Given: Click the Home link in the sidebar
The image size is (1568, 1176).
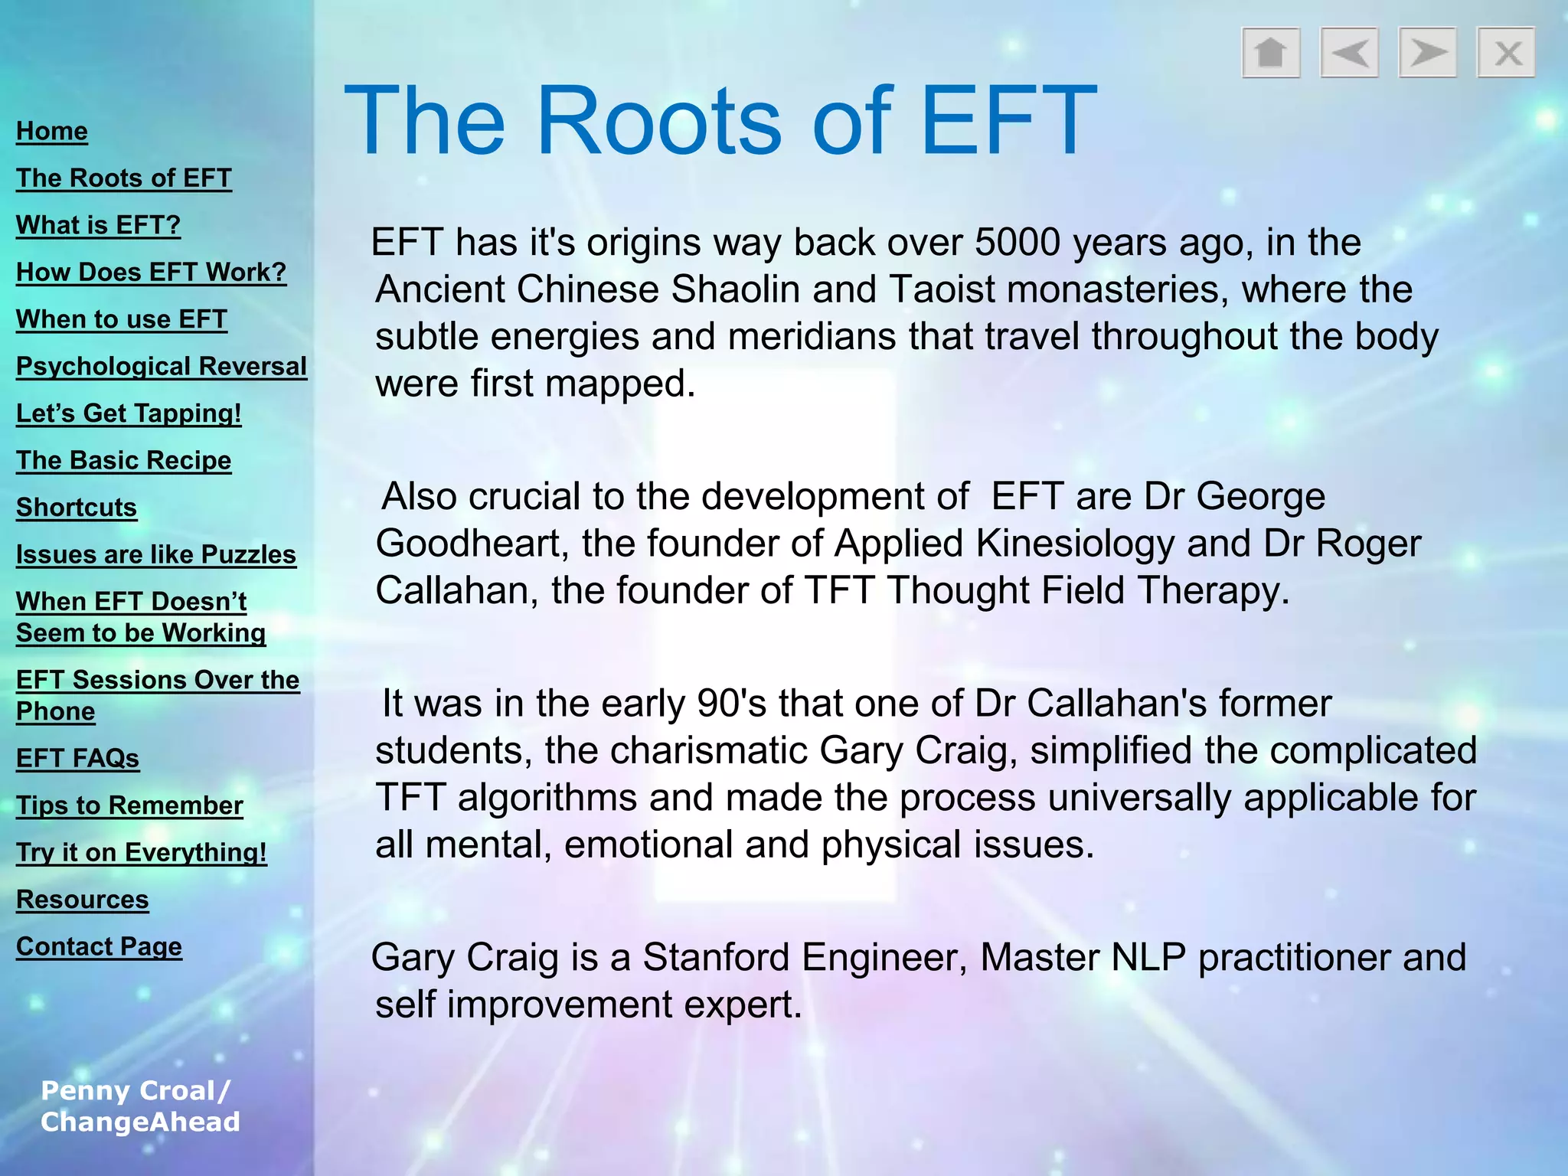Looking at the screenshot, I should pos(52,131).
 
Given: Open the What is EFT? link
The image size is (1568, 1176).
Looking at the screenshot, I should pos(98,225).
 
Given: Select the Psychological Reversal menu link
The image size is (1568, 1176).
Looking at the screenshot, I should pos(162,366).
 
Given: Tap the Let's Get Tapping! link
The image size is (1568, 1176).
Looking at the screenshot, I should pos(129,413).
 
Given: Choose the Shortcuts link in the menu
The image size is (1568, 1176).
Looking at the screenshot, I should pos(77,508).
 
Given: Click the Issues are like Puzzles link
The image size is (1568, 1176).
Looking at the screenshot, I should pos(156,554).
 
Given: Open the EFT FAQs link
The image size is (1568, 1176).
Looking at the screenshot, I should pos(77,758).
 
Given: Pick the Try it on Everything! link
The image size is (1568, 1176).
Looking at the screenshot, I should pos(142,852).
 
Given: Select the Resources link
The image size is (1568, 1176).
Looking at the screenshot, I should pos(83,900).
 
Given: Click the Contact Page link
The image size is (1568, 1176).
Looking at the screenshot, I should pos(99,946).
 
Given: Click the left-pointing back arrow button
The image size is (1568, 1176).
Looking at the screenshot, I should pos(1349,53).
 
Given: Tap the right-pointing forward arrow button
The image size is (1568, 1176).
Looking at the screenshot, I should pos(1427,53).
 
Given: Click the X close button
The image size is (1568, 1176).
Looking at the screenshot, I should pos(1506,53).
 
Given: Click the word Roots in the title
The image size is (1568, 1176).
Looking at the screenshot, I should pos(659,121).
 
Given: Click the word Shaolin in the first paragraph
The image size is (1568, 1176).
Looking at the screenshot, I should pos(735,290).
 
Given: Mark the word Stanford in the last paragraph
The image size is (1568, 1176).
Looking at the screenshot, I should pos(716,957).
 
